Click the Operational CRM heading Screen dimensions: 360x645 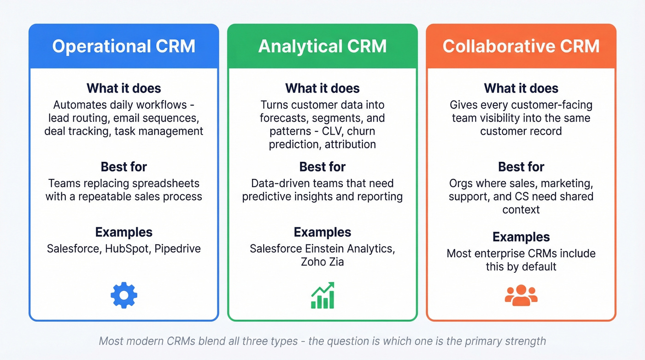(x=123, y=46)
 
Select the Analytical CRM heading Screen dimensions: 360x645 (x=322, y=46)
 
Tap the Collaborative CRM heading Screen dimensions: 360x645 (x=521, y=46)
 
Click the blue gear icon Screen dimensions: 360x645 (x=124, y=295)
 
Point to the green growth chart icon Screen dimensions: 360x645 (x=322, y=296)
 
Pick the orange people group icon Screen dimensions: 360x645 (x=521, y=295)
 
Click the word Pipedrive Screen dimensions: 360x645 (x=178, y=249)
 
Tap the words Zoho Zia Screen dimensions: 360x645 (x=322, y=262)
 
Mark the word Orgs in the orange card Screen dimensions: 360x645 (x=461, y=183)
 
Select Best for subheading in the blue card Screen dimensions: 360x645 (x=123, y=166)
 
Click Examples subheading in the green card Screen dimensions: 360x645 (x=322, y=232)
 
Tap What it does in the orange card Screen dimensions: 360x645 (x=521, y=88)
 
